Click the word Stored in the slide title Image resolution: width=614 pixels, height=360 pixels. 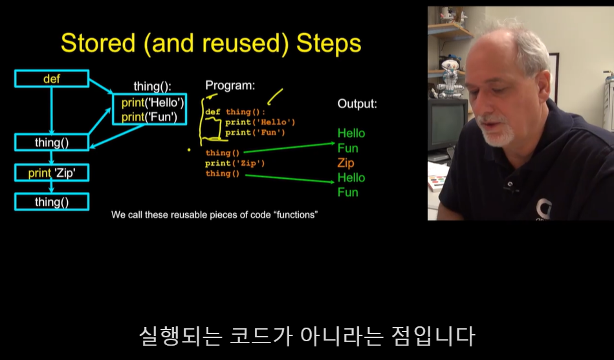pos(98,43)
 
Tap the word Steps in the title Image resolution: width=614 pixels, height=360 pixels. pos(329,43)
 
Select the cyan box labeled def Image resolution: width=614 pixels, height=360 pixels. pos(52,79)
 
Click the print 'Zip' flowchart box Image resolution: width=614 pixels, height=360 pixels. pos(52,173)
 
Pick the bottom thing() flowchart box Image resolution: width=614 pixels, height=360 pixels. pos(52,202)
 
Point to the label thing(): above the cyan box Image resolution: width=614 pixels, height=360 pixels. pos(152,86)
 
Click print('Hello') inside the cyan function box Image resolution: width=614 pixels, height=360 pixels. pos(153,103)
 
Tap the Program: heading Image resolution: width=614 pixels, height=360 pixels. pos(230,85)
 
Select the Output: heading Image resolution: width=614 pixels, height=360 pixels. pos(357,104)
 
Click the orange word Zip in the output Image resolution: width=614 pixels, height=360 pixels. pos(345,163)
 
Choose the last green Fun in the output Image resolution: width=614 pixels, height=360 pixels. pos(347,192)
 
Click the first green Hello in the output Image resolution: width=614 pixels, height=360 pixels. pos(351,133)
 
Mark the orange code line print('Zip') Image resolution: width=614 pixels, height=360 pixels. pos(235,163)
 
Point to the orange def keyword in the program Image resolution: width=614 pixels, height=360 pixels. pos(213,112)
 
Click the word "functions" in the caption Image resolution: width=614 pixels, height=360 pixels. pos(296,215)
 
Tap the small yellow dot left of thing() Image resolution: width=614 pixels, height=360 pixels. pos(189,150)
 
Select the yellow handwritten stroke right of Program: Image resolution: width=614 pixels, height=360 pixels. pos(275,96)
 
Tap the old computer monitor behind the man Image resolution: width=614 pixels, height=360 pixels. pos(448,124)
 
